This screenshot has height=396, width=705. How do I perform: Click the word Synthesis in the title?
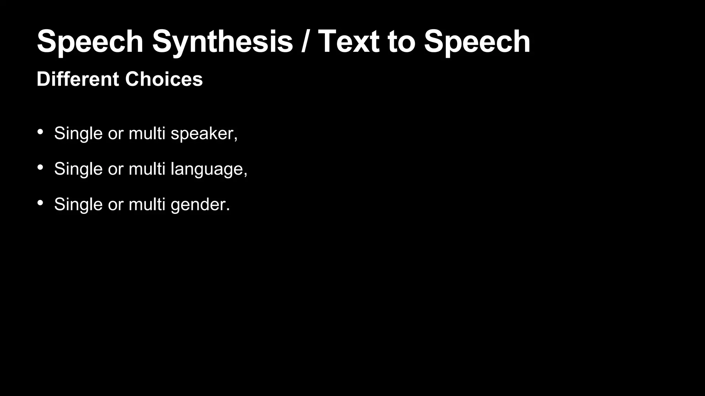pos(222,42)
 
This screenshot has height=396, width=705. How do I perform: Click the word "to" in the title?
pos(401,42)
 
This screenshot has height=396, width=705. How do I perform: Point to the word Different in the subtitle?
pos(78,79)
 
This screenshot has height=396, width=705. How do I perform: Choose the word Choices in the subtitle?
pos(164,79)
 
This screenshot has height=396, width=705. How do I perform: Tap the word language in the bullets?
pos(208,169)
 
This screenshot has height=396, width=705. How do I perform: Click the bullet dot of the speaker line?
pos(40,132)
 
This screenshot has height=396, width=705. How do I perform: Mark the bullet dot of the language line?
pos(40,167)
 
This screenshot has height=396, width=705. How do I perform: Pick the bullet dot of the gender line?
pos(40,203)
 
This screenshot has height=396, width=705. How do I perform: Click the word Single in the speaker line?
pos(78,133)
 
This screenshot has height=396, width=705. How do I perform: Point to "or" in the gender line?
pos(116,205)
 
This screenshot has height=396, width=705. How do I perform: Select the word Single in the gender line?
pos(78,205)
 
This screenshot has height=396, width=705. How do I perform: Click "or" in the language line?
pos(116,169)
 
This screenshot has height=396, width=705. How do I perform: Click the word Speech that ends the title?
pos(477,42)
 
